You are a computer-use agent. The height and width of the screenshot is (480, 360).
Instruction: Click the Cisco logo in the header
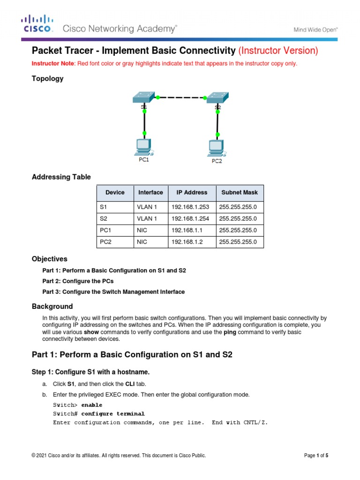coord(38,24)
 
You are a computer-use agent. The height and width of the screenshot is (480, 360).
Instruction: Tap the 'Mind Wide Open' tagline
coord(315,30)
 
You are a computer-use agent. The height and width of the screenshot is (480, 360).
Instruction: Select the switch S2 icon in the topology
coord(217,97)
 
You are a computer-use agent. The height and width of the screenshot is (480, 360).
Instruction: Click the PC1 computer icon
coord(142,147)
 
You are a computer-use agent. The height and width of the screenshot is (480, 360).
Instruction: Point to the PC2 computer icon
coord(216,148)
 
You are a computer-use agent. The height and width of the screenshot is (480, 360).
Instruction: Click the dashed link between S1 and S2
coord(181,97)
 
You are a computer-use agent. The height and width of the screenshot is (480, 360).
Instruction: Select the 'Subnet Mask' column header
coord(239,192)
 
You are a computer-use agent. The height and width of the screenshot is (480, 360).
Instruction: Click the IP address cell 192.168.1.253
coord(189,206)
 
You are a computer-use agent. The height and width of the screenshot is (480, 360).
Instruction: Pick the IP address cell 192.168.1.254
coord(189,218)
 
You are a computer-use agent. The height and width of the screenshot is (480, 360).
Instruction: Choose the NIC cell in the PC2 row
coord(142,242)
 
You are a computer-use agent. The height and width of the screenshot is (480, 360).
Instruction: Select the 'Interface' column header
coord(150,192)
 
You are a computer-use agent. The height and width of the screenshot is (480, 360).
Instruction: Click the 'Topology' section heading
coord(47,79)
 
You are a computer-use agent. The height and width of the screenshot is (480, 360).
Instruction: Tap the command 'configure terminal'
coord(112,414)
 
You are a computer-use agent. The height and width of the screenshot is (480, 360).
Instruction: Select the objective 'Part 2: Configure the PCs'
coord(78,281)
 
